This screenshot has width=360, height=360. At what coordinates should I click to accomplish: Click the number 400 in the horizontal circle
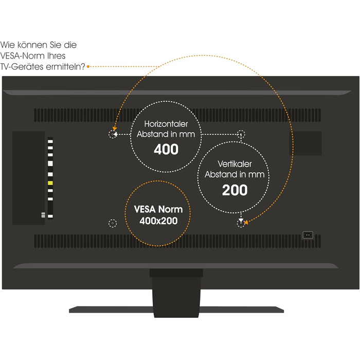pyautogui.click(x=166, y=149)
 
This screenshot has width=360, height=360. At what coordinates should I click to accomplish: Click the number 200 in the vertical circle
pyautogui.click(x=235, y=190)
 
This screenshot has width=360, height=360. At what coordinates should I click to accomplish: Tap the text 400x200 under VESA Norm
pyautogui.click(x=158, y=221)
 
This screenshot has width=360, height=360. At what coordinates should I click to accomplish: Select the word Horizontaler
pyautogui.click(x=166, y=124)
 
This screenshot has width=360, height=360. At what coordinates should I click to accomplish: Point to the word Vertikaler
pyautogui.click(x=235, y=164)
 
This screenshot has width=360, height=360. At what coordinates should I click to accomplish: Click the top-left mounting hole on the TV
pyautogui.click(x=113, y=134)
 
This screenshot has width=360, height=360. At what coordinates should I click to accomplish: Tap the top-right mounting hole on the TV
pyautogui.click(x=241, y=134)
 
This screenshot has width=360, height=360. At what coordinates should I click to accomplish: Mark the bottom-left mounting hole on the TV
pyautogui.click(x=113, y=223)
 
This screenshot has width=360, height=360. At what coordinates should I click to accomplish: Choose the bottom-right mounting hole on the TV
pyautogui.click(x=241, y=223)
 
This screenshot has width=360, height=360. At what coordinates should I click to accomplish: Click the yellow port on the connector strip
pyautogui.click(x=50, y=183)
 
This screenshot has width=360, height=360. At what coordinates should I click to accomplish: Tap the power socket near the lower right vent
pyautogui.click(x=308, y=235)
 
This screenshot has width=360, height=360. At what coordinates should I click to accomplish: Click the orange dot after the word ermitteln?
pyautogui.click(x=88, y=66)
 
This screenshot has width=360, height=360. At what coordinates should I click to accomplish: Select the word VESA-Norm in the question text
pyautogui.click(x=23, y=56)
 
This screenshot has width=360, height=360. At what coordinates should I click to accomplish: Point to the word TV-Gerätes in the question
pyautogui.click(x=22, y=66)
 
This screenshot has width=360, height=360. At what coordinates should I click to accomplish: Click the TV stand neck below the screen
pyautogui.click(x=176, y=293)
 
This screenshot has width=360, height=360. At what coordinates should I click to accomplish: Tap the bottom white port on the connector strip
pyautogui.click(x=50, y=216)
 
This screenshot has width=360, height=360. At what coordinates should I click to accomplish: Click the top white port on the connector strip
pyautogui.click(x=50, y=141)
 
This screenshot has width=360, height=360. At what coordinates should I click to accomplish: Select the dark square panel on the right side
pyautogui.click(x=305, y=143)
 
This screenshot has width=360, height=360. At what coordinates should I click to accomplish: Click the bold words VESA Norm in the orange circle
pyautogui.click(x=158, y=209)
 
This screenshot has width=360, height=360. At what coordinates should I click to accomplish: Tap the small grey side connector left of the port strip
pyautogui.click(x=43, y=215)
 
